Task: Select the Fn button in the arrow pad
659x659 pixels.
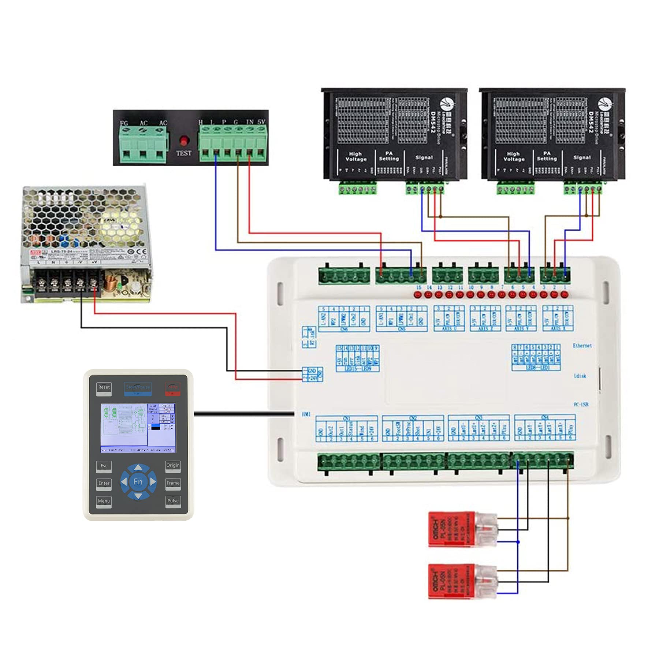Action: [x=138, y=482]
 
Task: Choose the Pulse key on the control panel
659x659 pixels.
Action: [x=173, y=501]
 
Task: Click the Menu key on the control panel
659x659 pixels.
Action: [x=104, y=501]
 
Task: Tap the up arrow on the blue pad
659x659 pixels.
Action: [x=138, y=467]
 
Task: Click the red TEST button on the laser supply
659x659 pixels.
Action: [x=184, y=141]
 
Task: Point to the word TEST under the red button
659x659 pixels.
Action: [x=184, y=153]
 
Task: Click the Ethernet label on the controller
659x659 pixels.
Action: [x=582, y=346]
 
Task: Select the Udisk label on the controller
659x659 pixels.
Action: [x=580, y=376]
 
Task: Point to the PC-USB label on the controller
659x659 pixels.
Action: [x=581, y=405]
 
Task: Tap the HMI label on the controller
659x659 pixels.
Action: [x=306, y=414]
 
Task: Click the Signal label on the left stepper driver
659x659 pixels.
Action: [x=424, y=157]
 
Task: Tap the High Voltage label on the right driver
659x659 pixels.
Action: [x=514, y=157]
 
